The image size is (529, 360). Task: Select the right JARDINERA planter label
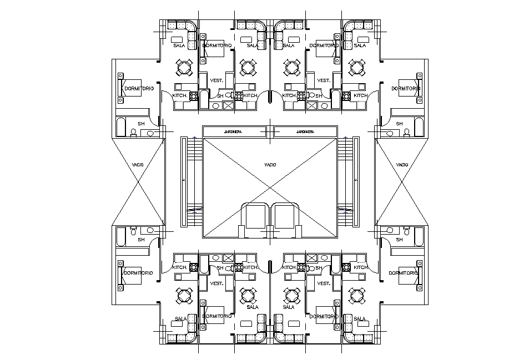tap(305, 132)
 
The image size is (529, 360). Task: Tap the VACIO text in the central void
tap(270, 165)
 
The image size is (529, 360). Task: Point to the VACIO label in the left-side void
tap(139, 165)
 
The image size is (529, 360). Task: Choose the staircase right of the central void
tap(346, 182)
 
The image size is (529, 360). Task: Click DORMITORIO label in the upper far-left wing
tap(139, 89)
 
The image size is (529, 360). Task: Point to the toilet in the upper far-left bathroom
tap(133, 132)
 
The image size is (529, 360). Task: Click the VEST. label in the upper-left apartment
tap(216, 80)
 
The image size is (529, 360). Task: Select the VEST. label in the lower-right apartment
tap(323, 283)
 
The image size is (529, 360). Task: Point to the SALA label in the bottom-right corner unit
tap(360, 319)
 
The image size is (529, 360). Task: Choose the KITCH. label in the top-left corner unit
tap(180, 96)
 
